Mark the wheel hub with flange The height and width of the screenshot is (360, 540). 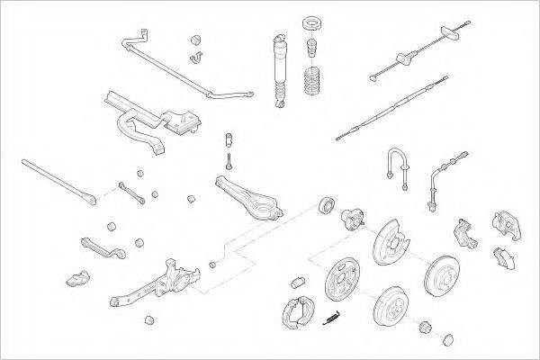click(351, 216)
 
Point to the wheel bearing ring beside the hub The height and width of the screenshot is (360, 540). click(327, 203)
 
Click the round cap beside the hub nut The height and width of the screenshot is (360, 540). click(449, 338)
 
